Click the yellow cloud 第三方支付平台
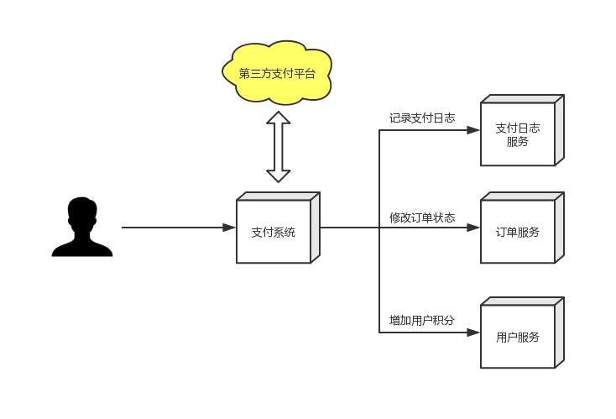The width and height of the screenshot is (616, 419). click(277, 73)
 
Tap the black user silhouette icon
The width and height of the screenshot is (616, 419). click(82, 227)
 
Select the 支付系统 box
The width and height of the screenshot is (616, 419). click(278, 228)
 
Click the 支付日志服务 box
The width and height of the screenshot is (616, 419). click(522, 130)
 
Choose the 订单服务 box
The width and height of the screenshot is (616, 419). click(522, 228)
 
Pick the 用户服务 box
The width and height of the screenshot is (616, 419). click(522, 333)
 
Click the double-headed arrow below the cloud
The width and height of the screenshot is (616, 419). click(278, 147)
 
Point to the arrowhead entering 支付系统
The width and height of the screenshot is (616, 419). click(229, 228)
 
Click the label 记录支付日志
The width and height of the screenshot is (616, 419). click(422, 118)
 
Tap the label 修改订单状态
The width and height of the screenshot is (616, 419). click(422, 217)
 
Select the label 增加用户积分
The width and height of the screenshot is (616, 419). click(422, 321)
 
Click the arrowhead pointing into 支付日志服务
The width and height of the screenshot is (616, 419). click(473, 130)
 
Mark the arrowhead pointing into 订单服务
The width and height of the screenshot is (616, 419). click(473, 228)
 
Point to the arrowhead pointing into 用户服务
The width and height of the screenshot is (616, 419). click(473, 333)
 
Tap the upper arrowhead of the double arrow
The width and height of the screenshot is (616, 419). click(278, 118)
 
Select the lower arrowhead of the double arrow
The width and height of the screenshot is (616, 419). click(278, 176)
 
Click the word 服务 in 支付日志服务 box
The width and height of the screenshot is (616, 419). click(518, 142)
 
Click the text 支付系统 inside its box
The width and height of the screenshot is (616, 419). click(273, 232)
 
